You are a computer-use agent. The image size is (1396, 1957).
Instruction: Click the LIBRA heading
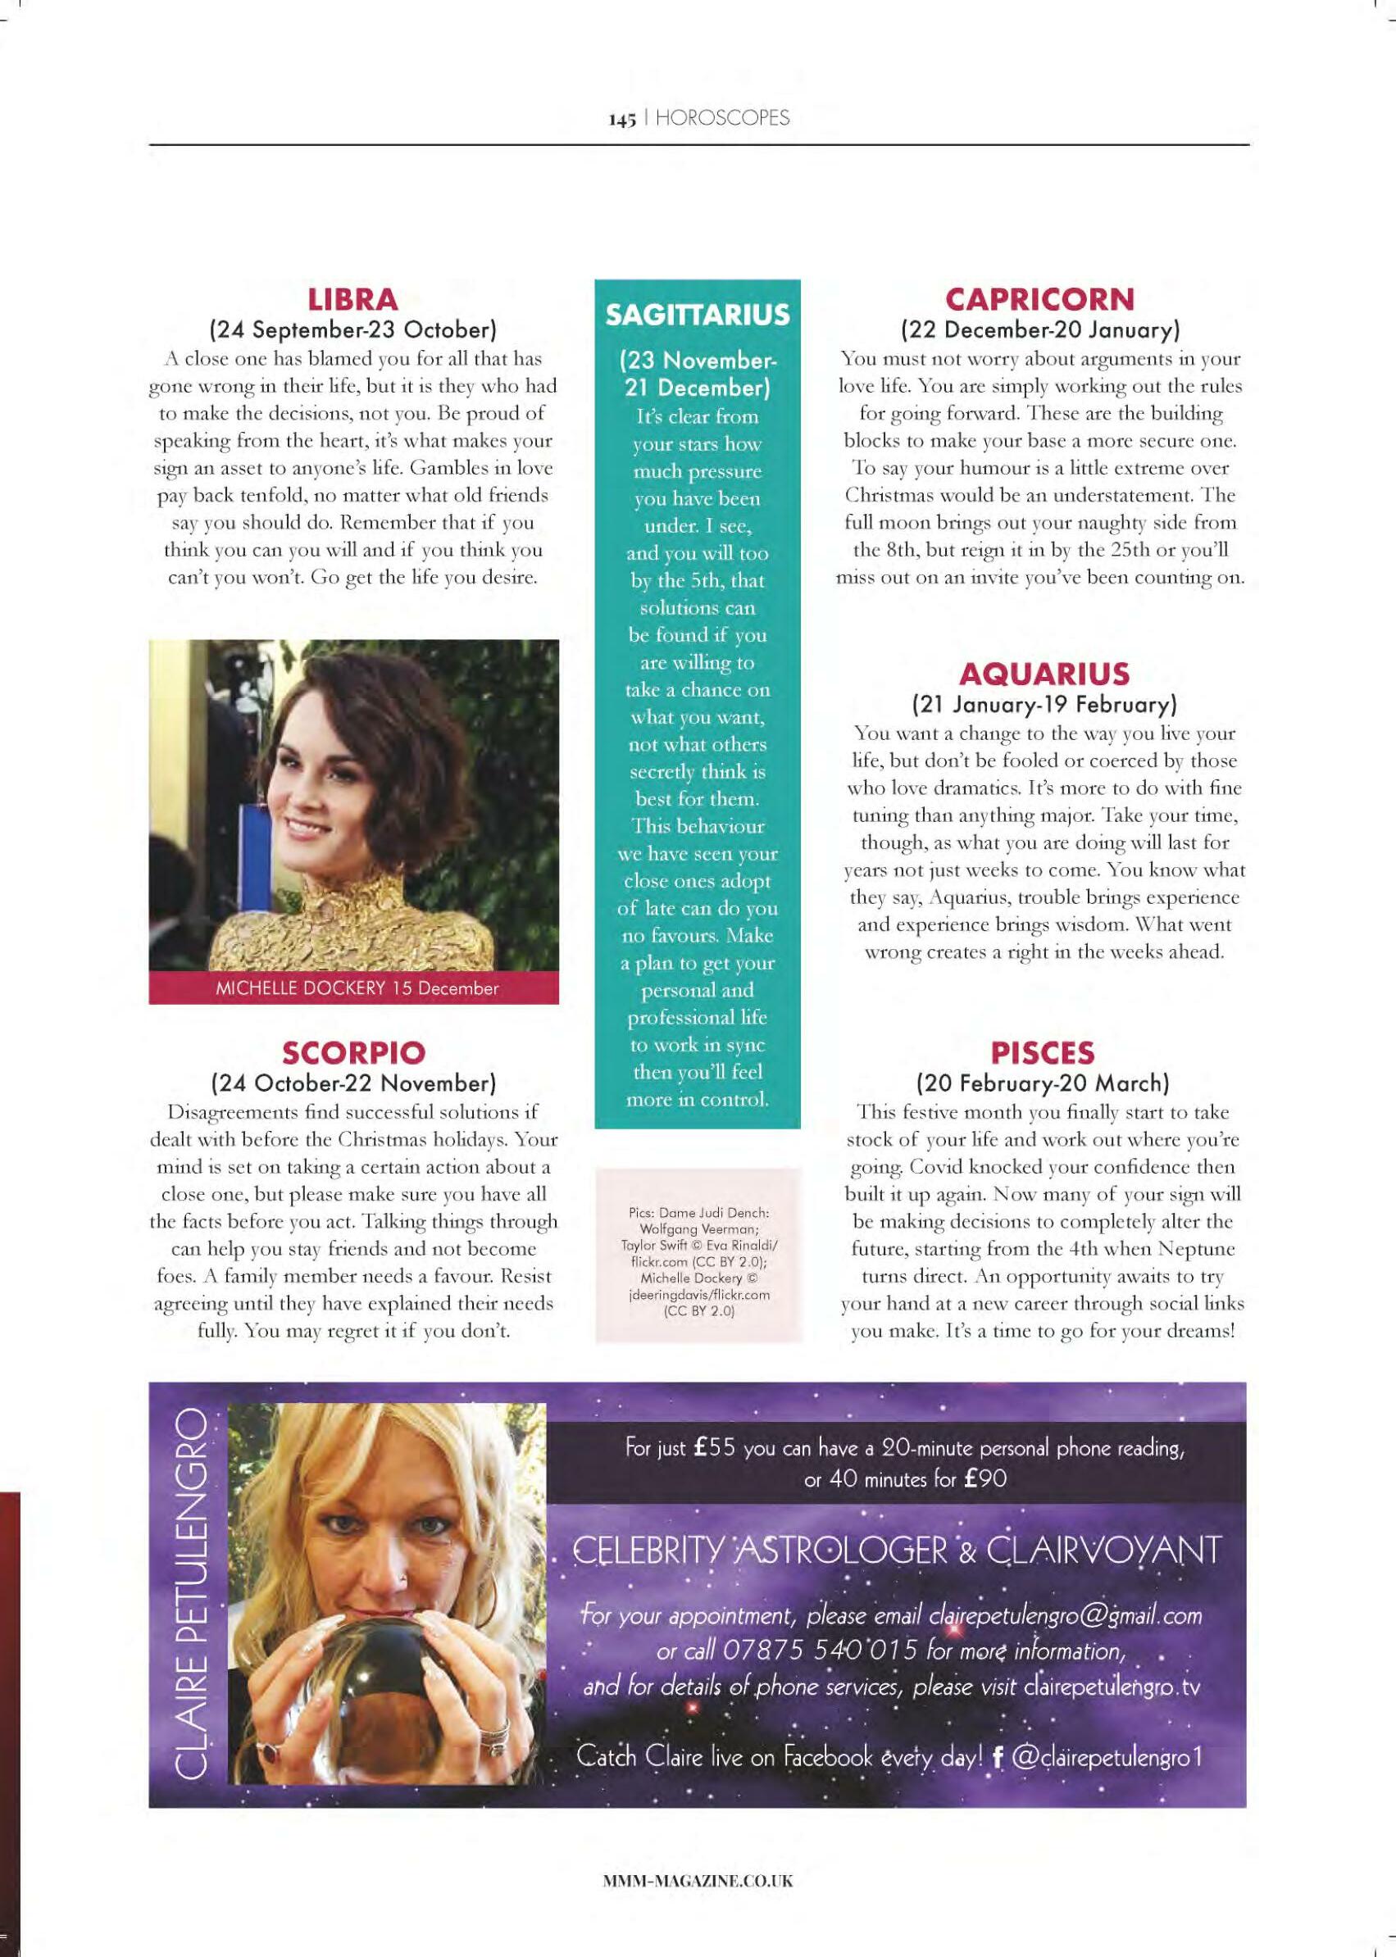[x=353, y=300]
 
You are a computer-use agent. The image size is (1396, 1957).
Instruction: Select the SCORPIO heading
[x=353, y=1053]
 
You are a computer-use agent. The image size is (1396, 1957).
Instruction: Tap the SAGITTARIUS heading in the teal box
[x=697, y=315]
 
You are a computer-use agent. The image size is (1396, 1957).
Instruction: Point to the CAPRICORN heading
[x=1040, y=300]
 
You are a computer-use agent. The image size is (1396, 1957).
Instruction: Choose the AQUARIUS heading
[x=1044, y=673]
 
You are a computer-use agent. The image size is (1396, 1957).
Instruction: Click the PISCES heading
[x=1043, y=1053]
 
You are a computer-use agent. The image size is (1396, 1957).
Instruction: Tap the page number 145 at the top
[x=622, y=120]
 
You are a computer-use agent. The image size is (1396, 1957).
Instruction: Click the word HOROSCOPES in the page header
[x=722, y=119]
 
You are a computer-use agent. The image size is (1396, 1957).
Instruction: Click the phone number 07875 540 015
[x=821, y=1651]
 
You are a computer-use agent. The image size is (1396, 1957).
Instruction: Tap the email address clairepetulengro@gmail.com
[x=1065, y=1617]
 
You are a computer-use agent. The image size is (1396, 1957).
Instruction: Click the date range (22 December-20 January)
[x=1040, y=329]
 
